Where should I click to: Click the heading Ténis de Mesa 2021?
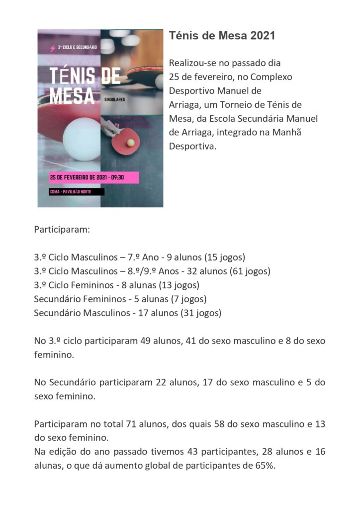222,36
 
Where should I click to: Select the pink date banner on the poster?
93,177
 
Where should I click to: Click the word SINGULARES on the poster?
114,100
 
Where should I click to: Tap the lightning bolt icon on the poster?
53,48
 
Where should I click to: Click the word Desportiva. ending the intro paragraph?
192,147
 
